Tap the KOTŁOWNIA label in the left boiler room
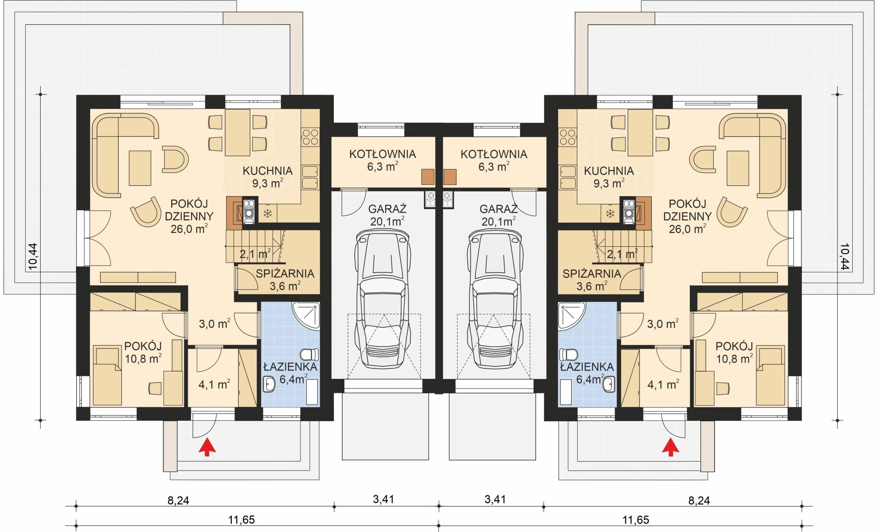383,154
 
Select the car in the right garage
495,299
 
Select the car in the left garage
383,299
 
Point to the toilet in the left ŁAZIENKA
309,355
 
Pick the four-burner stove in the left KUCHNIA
310,137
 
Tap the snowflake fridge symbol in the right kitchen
610,214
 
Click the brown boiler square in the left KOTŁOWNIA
428,177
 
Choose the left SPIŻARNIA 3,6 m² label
285,280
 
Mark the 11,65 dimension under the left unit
241,520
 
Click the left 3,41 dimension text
383,499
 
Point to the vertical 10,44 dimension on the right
844,257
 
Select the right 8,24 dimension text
699,501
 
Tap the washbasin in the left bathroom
269,384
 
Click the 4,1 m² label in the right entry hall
663,384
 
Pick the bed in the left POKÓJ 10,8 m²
107,375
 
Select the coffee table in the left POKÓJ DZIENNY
140,168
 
